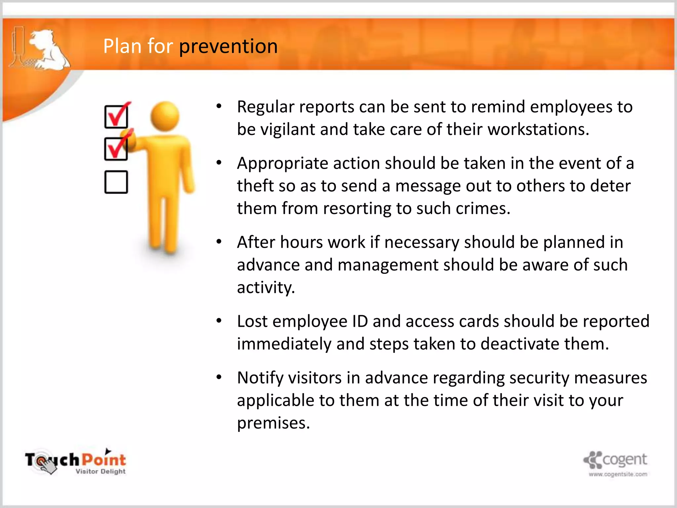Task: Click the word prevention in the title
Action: pyautogui.click(x=228, y=46)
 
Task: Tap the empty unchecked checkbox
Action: pyautogui.click(x=116, y=182)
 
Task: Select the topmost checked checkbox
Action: pyautogui.click(x=116, y=116)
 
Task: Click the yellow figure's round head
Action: pyautogui.click(x=165, y=116)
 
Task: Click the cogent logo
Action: pyautogui.click(x=616, y=460)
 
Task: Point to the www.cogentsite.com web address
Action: pyautogui.click(x=618, y=474)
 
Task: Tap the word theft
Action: pyautogui.click(x=255, y=186)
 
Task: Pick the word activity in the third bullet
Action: pyautogui.click(x=265, y=287)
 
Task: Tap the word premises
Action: pyautogui.click(x=273, y=423)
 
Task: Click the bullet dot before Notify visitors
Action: pyautogui.click(x=219, y=377)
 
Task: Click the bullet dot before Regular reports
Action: pyautogui.click(x=219, y=106)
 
